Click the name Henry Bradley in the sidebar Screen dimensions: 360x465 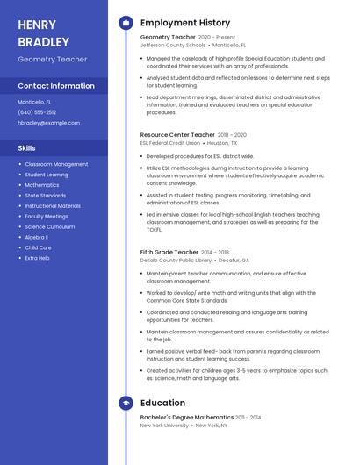43,32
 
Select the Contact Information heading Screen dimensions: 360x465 56,86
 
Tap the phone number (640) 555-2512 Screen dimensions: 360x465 37,112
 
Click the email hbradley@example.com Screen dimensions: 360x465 48,123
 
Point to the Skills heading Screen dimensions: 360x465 27,148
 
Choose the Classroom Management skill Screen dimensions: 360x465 56,164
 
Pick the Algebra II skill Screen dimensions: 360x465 37,237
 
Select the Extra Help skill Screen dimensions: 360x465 38,258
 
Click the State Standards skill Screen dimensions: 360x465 46,196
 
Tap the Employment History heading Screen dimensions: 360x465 184,23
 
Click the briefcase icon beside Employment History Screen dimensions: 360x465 126,23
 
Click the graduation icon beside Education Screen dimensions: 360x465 126,404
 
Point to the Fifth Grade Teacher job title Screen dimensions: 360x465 169,252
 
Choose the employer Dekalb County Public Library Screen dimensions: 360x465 176,260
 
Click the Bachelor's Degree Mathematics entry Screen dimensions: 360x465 187,418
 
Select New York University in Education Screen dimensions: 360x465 164,426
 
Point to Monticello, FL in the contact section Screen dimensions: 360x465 34,102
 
